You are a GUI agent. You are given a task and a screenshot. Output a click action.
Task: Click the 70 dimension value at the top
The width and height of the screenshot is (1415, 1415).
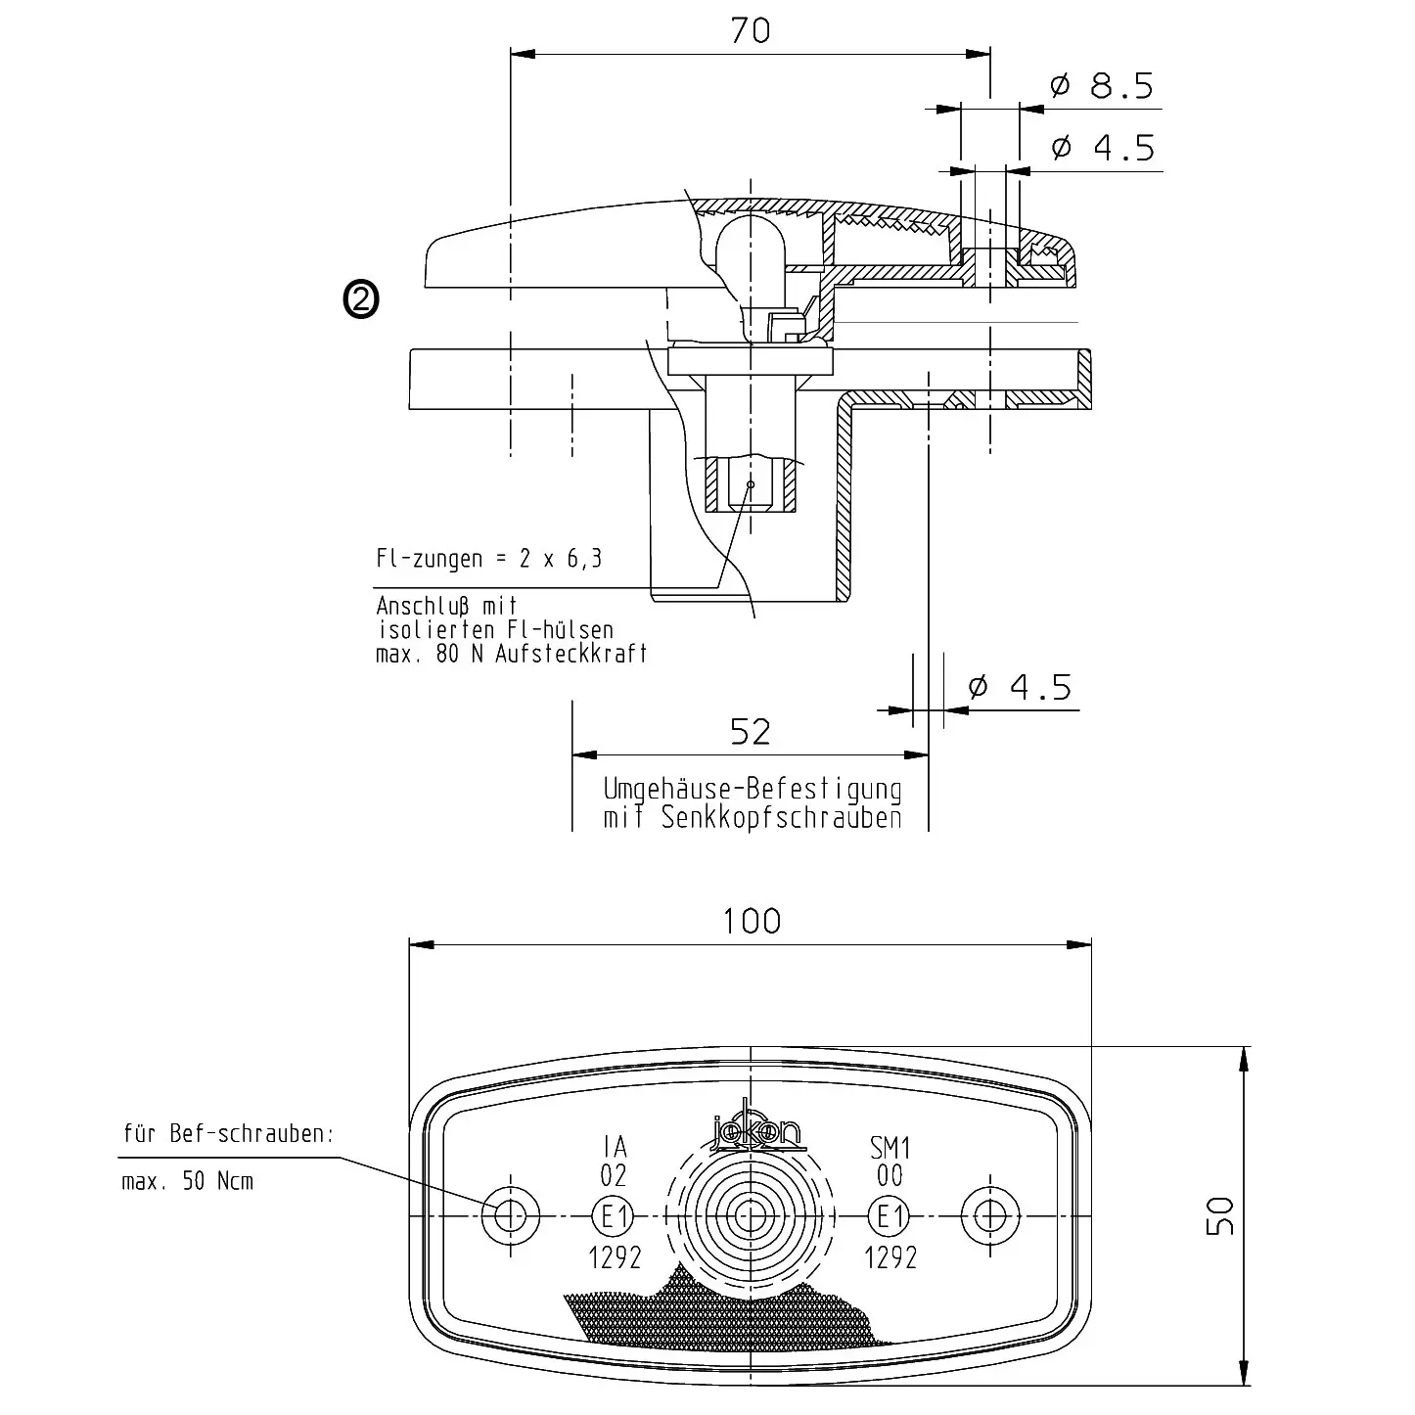[751, 31]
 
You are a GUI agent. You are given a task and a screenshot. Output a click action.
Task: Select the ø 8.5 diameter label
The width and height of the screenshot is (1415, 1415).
[1102, 87]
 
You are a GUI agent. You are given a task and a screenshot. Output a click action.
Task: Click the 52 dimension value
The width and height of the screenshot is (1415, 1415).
[751, 732]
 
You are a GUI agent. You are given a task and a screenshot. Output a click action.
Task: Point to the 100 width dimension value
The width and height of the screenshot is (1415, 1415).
[752, 921]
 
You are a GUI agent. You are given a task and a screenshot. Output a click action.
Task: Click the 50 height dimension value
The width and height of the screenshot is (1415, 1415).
[1221, 1216]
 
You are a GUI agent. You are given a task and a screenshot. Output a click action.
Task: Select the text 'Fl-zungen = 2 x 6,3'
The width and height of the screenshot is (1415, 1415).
[489, 559]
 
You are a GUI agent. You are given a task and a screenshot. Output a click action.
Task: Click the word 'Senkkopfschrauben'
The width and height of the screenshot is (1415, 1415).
[781, 818]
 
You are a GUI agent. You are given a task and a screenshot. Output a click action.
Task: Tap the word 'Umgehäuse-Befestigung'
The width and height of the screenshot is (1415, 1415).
[752, 789]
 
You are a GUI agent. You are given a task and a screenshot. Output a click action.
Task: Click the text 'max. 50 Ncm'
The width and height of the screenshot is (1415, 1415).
[187, 1181]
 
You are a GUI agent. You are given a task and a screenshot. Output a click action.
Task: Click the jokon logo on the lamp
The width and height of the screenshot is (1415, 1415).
[756, 1128]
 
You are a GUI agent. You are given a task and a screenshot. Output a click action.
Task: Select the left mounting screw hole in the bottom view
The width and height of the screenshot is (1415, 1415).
[511, 1216]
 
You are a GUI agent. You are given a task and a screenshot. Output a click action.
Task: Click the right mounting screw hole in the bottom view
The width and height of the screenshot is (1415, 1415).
[990, 1216]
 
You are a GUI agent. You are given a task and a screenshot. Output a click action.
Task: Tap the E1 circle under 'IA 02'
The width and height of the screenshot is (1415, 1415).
[615, 1217]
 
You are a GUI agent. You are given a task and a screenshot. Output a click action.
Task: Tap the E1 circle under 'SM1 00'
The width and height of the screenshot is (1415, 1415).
[890, 1217]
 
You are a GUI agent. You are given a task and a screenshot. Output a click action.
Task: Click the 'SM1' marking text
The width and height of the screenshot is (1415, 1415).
[890, 1146]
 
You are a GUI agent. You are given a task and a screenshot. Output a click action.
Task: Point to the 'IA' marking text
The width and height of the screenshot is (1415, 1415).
[615, 1146]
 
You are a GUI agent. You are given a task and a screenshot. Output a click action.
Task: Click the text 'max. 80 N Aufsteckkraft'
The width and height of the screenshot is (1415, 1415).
[512, 654]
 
